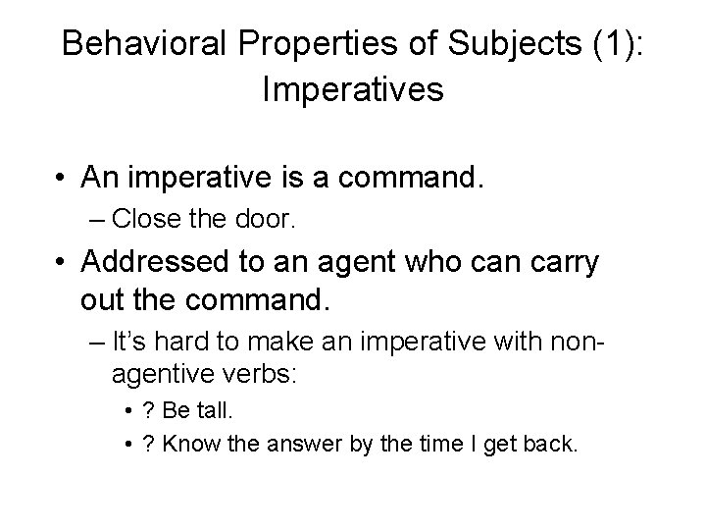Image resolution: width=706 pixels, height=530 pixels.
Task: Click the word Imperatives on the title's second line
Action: (x=353, y=90)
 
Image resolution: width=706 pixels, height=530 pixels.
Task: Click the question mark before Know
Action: (x=147, y=445)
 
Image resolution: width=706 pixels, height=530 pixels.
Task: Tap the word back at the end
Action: (x=555, y=445)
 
